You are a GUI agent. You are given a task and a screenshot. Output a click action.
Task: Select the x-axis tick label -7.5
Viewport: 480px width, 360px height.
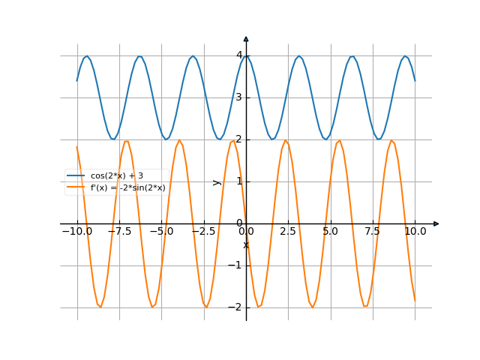[119, 232]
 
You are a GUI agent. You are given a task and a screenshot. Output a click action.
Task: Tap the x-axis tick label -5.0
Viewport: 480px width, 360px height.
[161, 232]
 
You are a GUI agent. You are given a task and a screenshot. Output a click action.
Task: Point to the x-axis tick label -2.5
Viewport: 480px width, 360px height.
[203, 232]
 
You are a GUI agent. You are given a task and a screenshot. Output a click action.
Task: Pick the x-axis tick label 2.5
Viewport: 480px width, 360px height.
[288, 232]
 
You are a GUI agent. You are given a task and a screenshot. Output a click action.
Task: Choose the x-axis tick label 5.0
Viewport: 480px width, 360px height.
[330, 232]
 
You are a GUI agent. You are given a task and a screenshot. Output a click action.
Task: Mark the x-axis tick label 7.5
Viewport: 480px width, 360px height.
[373, 232]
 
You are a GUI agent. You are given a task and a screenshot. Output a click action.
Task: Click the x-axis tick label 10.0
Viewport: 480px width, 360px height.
[415, 232]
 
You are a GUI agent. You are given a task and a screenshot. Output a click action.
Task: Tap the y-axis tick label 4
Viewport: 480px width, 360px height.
[238, 55]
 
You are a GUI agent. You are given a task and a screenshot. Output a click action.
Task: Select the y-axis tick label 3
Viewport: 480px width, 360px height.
[238, 97]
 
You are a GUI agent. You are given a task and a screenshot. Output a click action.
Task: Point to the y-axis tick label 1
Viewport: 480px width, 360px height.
[238, 181]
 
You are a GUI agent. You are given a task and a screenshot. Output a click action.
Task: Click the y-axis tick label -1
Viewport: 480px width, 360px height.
[236, 265]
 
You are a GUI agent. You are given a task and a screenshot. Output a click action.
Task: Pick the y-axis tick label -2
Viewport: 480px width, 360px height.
[236, 307]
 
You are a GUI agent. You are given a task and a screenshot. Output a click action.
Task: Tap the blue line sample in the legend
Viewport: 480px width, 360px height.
[76, 175]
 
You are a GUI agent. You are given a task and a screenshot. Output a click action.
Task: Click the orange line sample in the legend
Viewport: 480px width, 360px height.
[76, 187]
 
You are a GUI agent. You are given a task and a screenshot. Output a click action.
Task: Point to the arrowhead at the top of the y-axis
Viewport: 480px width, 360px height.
[246, 38]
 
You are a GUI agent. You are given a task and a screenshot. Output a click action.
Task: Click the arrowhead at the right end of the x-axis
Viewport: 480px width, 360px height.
[436, 223]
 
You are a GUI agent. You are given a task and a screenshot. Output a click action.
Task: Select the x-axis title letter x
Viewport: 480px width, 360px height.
[245, 245]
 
